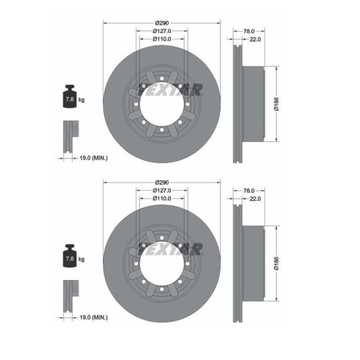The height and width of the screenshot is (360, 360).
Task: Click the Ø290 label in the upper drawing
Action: (162, 23)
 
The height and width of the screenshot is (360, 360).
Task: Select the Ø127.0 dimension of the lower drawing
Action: (162, 191)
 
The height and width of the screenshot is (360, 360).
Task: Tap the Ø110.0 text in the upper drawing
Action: (162, 39)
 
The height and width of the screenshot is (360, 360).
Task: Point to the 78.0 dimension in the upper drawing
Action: (249, 31)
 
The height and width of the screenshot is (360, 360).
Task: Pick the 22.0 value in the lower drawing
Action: (255, 199)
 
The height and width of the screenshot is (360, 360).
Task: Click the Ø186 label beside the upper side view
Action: (276, 104)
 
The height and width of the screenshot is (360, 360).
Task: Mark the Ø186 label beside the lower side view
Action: (276, 264)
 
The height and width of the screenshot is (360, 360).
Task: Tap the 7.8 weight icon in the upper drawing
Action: (70, 96)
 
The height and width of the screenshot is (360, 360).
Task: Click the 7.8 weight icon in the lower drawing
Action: (70, 256)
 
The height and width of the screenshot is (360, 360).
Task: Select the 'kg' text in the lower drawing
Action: (81, 259)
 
